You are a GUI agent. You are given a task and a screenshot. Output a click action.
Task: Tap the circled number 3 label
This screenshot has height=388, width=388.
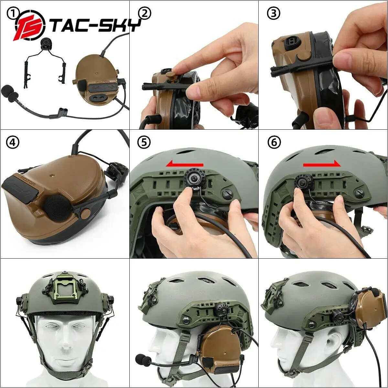point(274,13)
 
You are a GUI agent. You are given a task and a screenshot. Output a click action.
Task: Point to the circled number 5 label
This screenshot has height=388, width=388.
point(144,143)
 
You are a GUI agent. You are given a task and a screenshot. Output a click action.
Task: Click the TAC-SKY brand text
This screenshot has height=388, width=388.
point(95,25)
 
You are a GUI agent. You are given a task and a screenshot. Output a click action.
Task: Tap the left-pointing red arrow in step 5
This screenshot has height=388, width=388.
point(185,165)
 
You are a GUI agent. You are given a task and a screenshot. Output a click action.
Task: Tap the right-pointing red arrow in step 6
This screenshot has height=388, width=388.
point(322,165)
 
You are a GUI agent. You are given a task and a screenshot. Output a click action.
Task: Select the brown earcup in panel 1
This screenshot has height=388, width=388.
point(97,81)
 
